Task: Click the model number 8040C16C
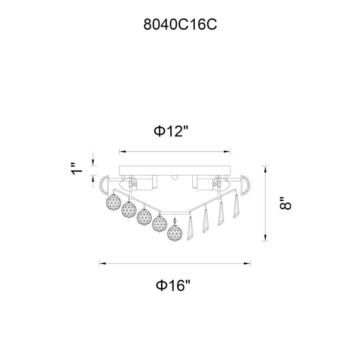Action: coord(180,24)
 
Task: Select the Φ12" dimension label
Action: coord(171,132)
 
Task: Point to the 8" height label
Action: coord(285,203)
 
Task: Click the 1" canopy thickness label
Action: coord(76,169)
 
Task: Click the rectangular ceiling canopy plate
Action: coord(175,170)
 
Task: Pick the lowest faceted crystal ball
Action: coord(175,232)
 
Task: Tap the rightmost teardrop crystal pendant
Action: coord(236,206)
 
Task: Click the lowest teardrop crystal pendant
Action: coord(190,228)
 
